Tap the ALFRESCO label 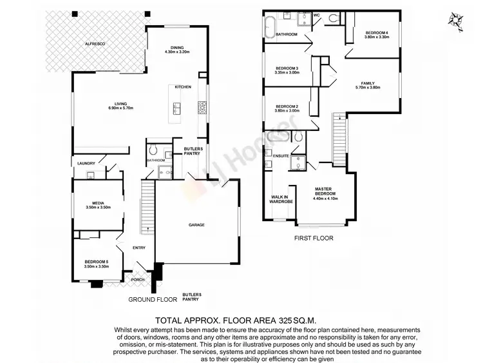point(95,43)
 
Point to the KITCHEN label point(183,87)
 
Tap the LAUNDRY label point(87,163)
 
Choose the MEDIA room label point(99,205)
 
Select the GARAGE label point(196,225)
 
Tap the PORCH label point(138,280)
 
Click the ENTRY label point(139,248)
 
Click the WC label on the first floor point(317,14)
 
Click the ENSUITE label point(281,155)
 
